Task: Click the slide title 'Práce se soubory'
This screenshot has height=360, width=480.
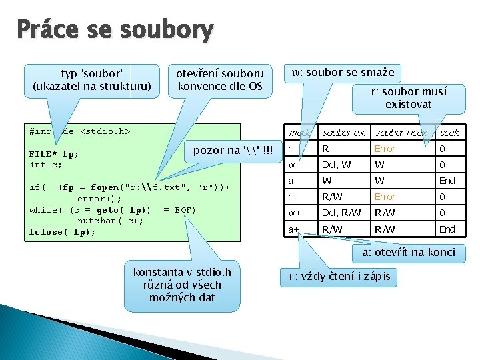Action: [115, 30]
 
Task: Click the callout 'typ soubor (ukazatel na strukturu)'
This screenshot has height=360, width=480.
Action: [92, 79]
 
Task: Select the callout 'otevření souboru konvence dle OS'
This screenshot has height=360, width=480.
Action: [219, 79]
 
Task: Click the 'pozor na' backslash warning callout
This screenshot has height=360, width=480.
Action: [233, 150]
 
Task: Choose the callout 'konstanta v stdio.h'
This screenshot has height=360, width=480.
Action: [182, 285]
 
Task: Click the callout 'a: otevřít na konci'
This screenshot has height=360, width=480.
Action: [409, 252]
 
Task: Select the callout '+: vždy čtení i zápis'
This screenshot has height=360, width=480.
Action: [339, 276]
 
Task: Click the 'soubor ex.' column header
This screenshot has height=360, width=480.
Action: [344, 133]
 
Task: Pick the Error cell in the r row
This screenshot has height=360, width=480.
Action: [385, 149]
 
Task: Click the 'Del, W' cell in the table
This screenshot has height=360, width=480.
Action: [336, 165]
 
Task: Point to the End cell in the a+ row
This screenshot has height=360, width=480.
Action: [447, 229]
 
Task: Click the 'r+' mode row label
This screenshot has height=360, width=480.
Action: [293, 197]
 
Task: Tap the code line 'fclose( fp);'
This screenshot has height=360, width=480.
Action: [63, 232]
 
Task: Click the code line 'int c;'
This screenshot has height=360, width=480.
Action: [46, 165]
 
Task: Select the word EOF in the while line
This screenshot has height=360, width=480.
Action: [185, 210]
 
